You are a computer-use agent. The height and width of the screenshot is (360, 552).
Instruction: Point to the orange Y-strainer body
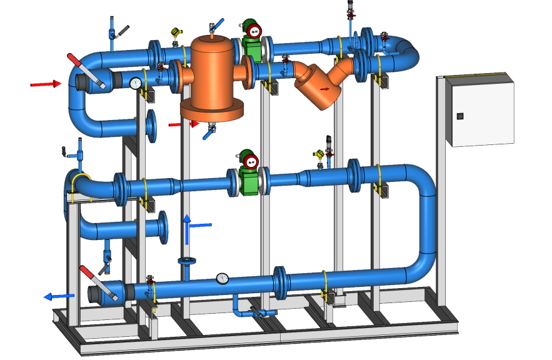point(319,87)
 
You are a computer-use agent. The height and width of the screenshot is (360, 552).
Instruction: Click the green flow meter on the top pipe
point(251,39)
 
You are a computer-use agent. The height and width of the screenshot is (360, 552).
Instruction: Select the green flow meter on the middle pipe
point(248,173)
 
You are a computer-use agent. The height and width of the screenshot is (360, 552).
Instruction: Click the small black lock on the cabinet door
point(460,116)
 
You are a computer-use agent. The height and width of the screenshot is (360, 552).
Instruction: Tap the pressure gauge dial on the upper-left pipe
point(136,82)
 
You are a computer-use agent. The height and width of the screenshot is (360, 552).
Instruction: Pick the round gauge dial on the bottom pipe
point(222,278)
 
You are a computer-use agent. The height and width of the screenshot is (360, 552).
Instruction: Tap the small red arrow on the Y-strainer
point(324,89)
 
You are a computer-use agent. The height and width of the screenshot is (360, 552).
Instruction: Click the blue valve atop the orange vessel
point(213,27)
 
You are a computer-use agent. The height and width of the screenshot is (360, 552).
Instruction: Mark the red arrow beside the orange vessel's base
point(183,124)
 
